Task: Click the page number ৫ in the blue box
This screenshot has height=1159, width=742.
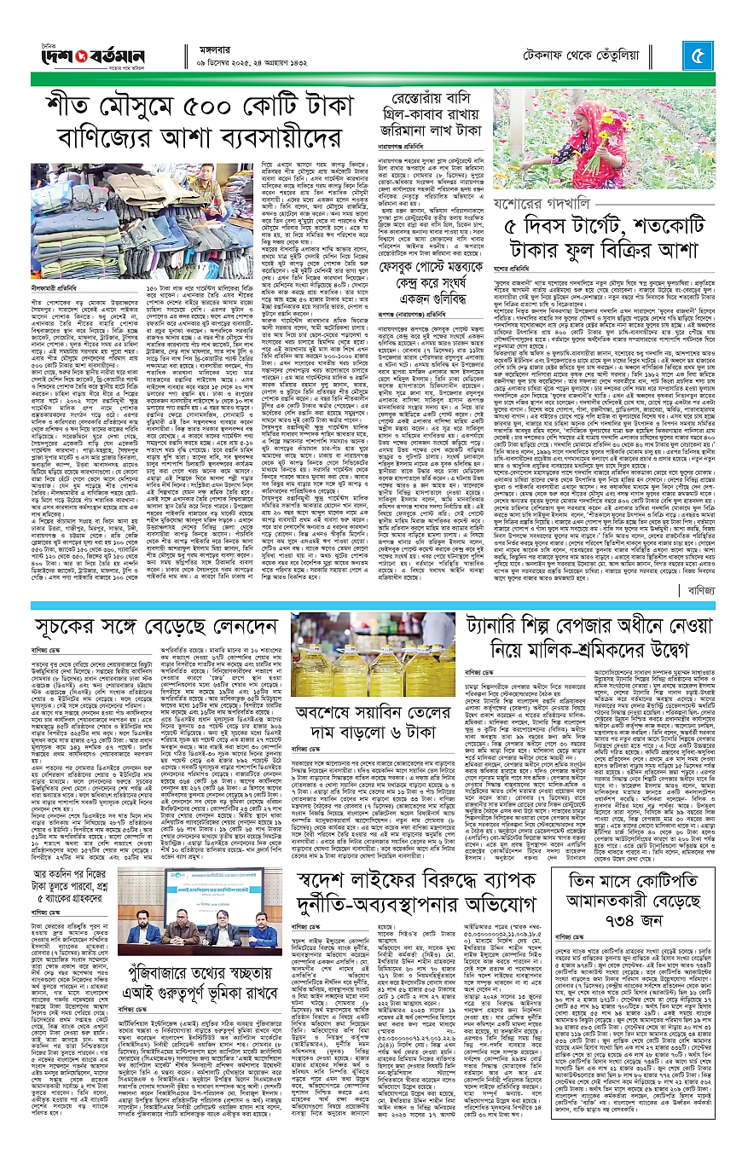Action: click(x=698, y=58)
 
